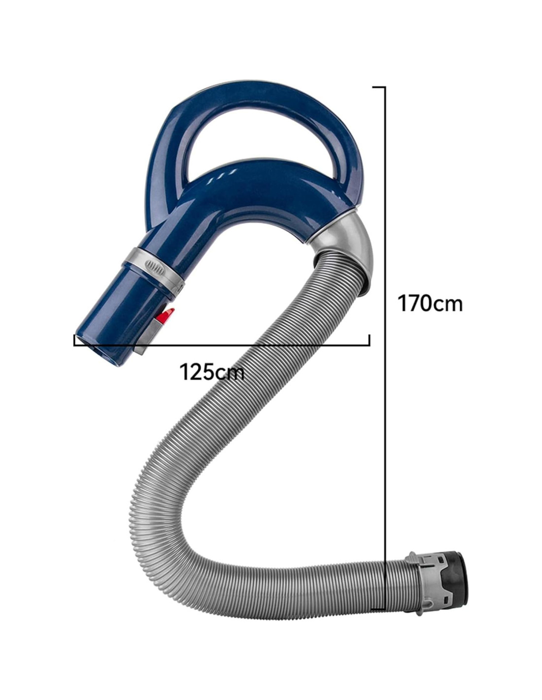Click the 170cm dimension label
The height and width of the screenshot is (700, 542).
pyautogui.click(x=430, y=303)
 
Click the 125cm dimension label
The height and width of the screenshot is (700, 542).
pyautogui.click(x=211, y=372)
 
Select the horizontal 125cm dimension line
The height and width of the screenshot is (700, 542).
pyautogui.click(x=222, y=346)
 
